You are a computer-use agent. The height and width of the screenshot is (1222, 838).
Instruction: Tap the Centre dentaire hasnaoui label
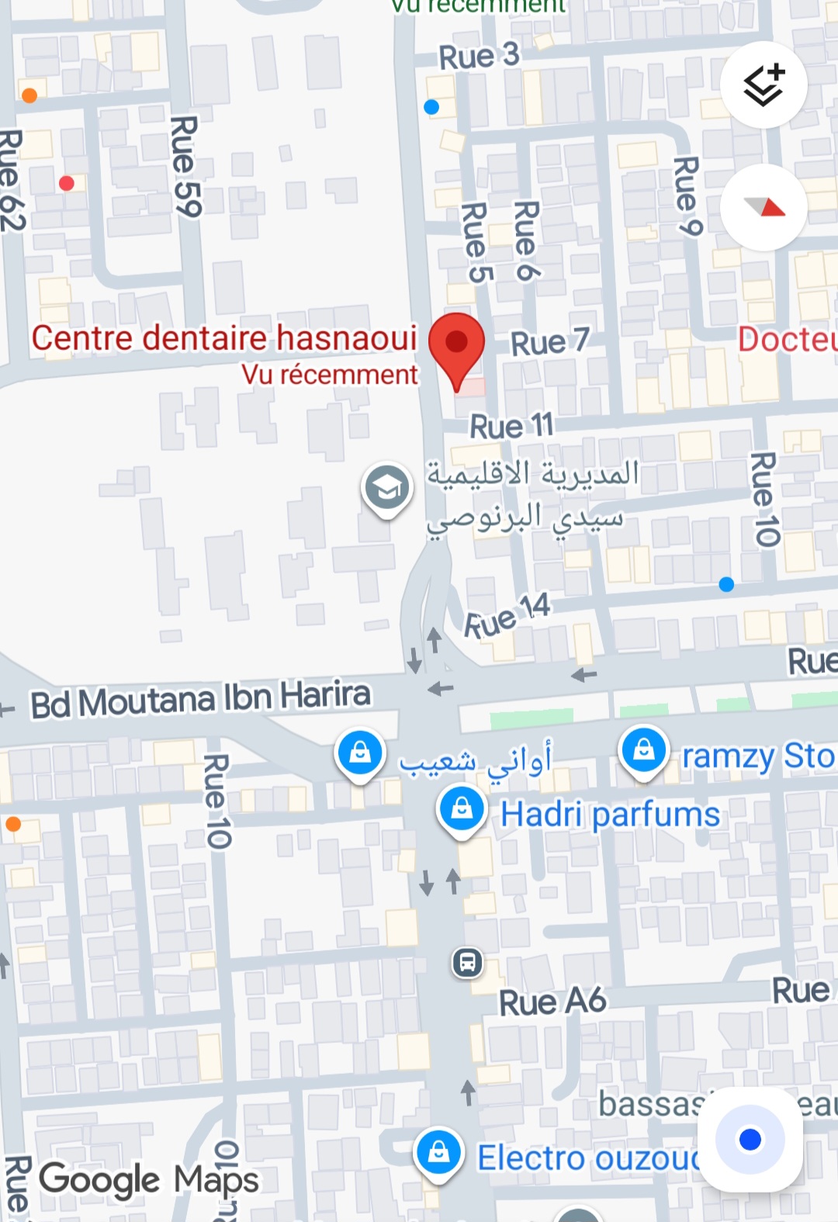pyautogui.click(x=224, y=338)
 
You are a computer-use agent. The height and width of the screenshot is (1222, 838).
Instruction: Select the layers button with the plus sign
pyautogui.click(x=764, y=85)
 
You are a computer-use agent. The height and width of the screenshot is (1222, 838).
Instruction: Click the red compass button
pyautogui.click(x=764, y=207)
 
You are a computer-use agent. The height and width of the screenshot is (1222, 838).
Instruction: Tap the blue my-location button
pyautogui.click(x=750, y=1139)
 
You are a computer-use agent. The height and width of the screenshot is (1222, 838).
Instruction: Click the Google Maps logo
pyautogui.click(x=149, y=1180)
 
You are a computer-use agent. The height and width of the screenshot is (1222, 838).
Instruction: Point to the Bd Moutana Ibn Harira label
pyautogui.click(x=200, y=699)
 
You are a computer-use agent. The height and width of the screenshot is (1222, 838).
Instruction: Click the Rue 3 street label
pyautogui.click(x=479, y=56)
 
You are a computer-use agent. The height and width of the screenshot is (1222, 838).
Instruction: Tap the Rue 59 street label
pyautogui.click(x=185, y=166)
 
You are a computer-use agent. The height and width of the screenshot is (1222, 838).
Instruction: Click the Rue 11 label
pyautogui.click(x=512, y=426)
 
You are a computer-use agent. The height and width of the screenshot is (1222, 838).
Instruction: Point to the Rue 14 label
pyautogui.click(x=507, y=616)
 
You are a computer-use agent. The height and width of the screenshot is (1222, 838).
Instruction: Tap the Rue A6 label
pyautogui.click(x=552, y=1002)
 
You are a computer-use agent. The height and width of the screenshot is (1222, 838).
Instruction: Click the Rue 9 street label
pyautogui.click(x=687, y=196)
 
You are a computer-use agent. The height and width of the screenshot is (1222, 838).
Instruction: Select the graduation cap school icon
pyautogui.click(x=386, y=488)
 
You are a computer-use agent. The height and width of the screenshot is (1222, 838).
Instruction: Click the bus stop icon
pyautogui.click(x=467, y=962)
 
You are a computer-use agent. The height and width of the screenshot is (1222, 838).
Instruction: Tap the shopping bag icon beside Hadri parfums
pyautogui.click(x=462, y=809)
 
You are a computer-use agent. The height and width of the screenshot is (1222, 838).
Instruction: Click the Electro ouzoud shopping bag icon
pyautogui.click(x=439, y=1152)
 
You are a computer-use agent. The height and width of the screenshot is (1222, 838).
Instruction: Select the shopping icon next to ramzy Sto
pyautogui.click(x=644, y=750)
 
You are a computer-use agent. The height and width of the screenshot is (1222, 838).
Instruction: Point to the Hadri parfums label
pyautogui.click(x=610, y=815)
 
